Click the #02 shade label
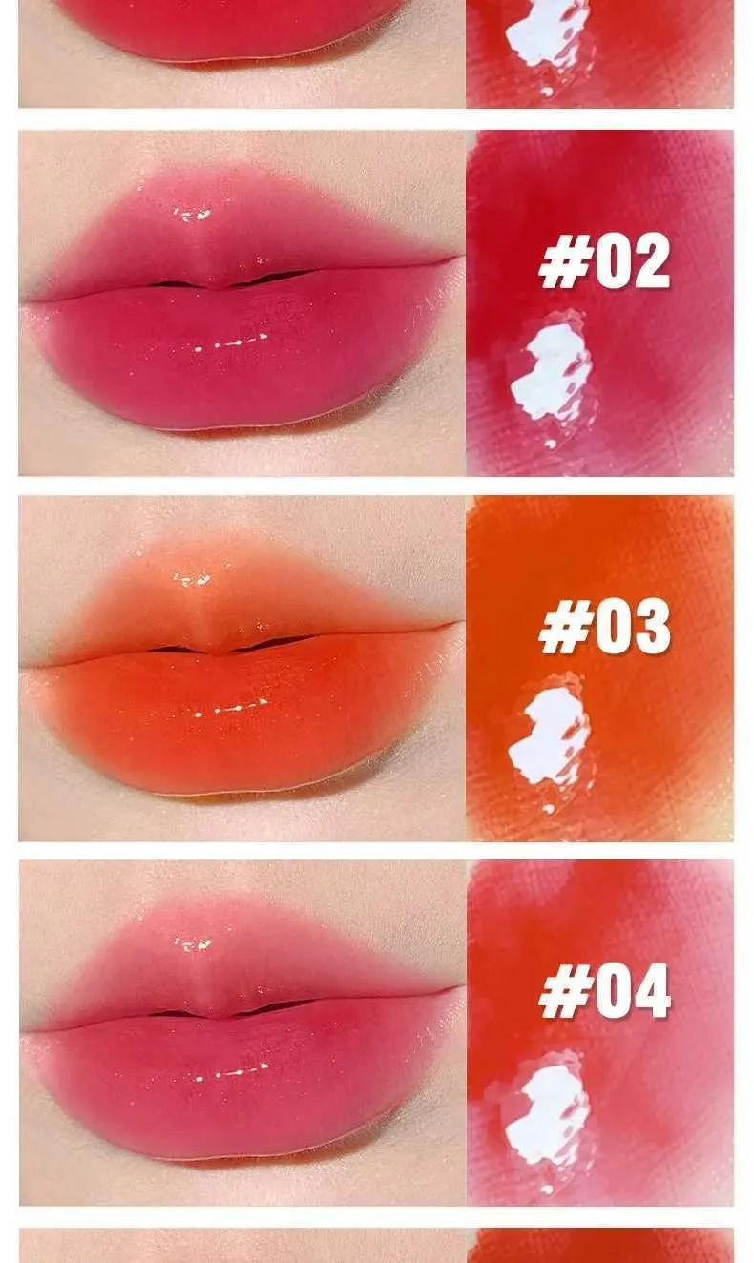click(604, 260)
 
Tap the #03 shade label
click(604, 626)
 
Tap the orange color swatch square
click(599, 668)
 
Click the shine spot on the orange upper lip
click(192, 579)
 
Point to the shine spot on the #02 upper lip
click(192, 214)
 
